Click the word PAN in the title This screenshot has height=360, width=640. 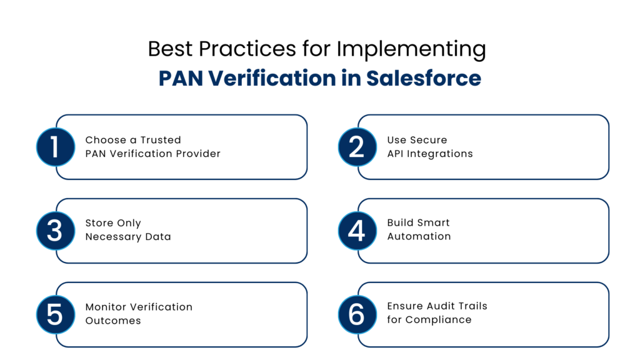(x=181, y=79)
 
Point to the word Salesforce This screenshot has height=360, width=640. (x=423, y=79)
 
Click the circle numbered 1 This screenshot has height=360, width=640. (x=55, y=147)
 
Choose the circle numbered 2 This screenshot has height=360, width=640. (x=357, y=147)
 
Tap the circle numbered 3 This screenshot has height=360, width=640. (x=55, y=231)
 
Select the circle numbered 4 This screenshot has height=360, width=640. (x=357, y=231)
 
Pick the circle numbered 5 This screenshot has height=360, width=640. (x=55, y=314)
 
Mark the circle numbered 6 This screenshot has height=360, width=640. (x=357, y=314)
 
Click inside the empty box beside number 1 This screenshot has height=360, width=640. (x=191, y=147)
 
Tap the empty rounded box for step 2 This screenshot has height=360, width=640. (x=492, y=147)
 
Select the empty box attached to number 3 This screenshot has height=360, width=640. (x=191, y=231)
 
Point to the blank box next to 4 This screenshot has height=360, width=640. (x=492, y=231)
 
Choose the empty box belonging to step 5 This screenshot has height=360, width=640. (x=191, y=314)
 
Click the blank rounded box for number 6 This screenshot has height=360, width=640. (x=492, y=314)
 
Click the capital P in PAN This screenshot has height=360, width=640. (x=165, y=79)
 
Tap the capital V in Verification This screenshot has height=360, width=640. (x=216, y=79)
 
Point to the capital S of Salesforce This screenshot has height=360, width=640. (x=372, y=79)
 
